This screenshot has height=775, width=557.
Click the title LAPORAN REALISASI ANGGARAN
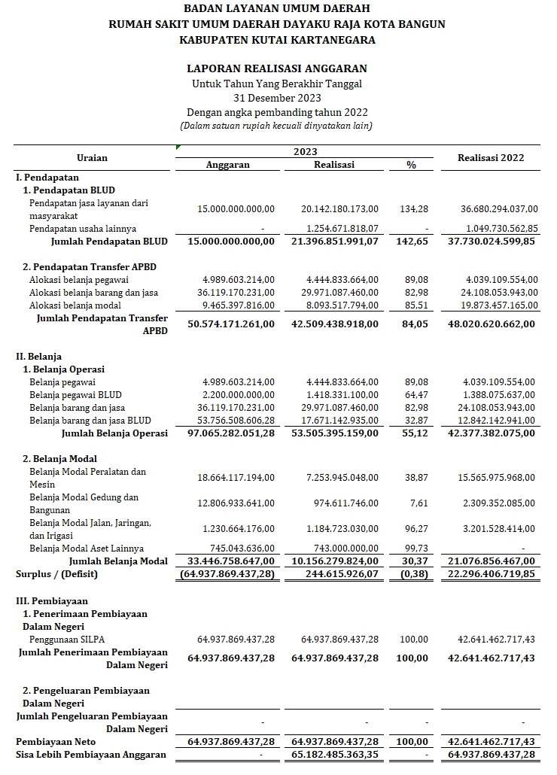[277, 68]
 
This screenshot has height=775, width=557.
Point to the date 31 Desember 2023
[277, 98]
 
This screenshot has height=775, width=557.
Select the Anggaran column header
[227, 165]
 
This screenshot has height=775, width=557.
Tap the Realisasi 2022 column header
[491, 158]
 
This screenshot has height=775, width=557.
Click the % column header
[411, 165]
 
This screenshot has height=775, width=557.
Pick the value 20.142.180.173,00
[340, 208]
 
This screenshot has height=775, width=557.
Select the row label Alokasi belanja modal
[78, 305]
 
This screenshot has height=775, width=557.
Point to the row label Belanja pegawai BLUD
[75, 395]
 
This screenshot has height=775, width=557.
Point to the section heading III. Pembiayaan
[52, 601]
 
